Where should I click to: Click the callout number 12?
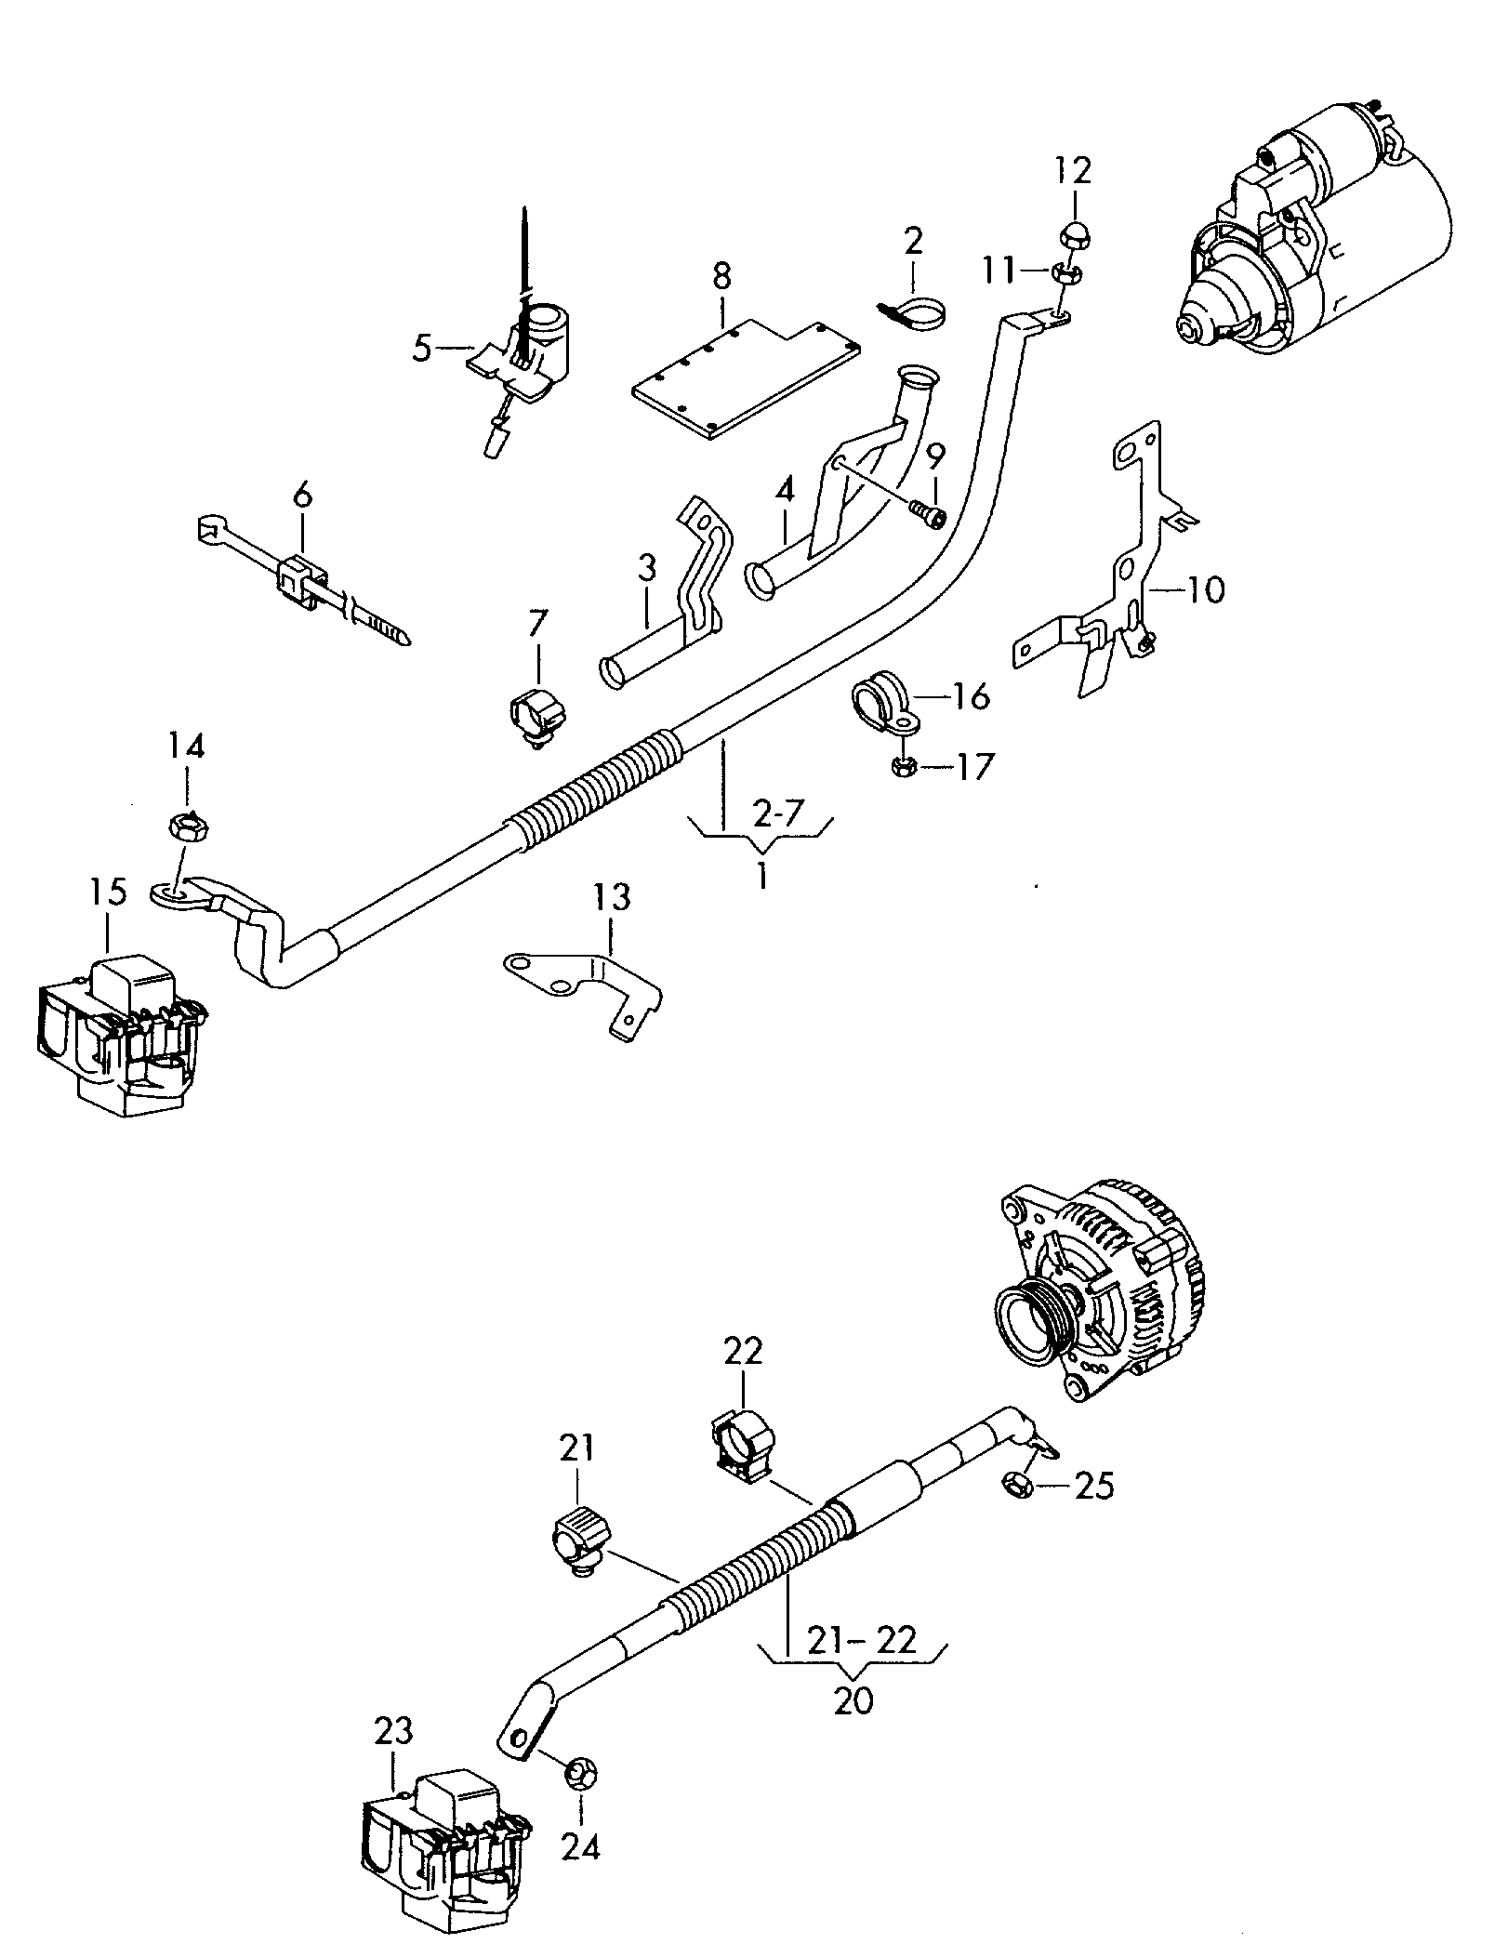tap(1073, 172)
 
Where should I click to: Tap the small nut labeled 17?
tap(905, 766)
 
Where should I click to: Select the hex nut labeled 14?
tap(188, 825)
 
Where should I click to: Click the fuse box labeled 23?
tap(448, 1851)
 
